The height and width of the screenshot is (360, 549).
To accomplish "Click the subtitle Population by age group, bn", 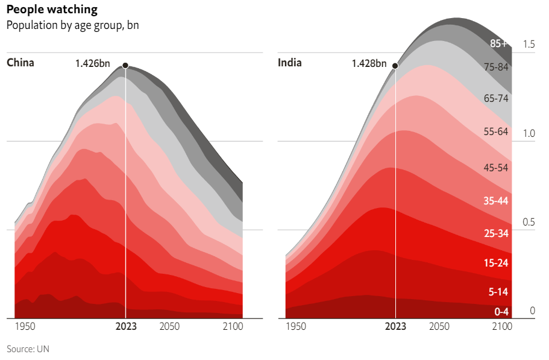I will [x=72, y=26].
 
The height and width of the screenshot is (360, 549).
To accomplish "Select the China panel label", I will [x=20, y=63].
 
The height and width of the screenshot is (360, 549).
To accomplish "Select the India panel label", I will [x=290, y=63].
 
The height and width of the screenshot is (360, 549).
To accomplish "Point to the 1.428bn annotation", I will [x=369, y=63].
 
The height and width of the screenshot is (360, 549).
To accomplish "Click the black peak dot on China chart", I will [x=125, y=65].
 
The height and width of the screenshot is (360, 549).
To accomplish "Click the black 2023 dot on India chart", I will [x=395, y=66].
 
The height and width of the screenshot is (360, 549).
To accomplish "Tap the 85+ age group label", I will [x=499, y=43].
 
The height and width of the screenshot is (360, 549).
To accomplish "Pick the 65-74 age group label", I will [x=497, y=98].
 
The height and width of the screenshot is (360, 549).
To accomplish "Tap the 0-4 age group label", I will [x=501, y=312].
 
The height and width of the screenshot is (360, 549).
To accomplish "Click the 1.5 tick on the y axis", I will [x=529, y=44].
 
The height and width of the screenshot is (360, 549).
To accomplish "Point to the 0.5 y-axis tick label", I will [x=529, y=223].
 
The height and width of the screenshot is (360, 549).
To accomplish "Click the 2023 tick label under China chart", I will [x=126, y=327].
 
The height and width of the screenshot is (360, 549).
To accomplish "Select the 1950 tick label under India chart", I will [x=295, y=327].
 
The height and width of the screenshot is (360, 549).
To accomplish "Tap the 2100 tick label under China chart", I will [x=233, y=327].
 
